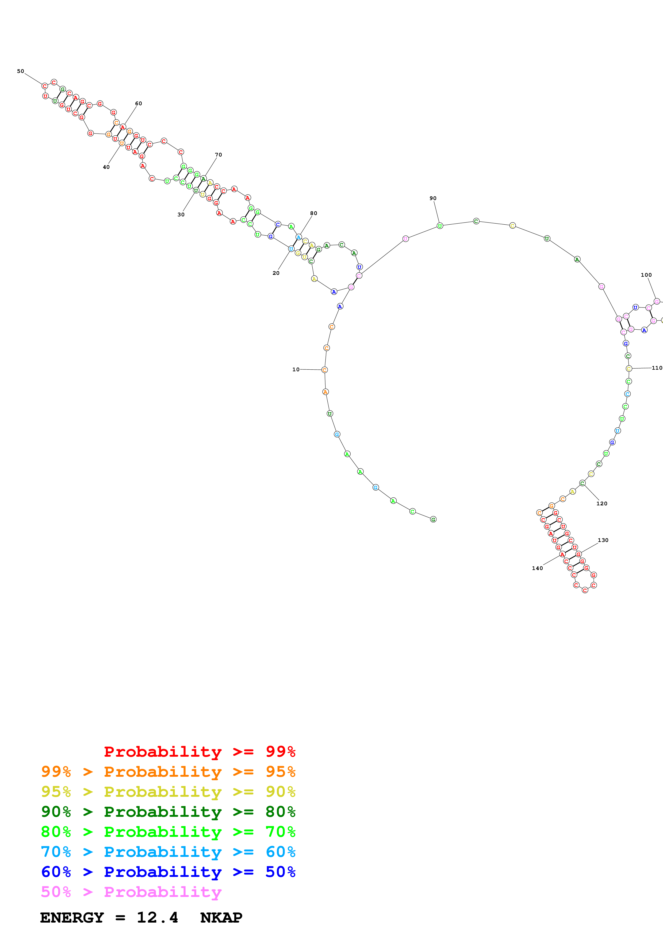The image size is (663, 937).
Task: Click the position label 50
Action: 20,71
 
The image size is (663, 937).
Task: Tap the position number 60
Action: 139,104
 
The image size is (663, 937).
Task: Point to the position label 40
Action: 106,167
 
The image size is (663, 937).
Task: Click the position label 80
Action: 313,213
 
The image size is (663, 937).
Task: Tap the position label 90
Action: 433,198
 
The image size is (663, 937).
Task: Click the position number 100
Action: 646,275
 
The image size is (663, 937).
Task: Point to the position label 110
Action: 657,368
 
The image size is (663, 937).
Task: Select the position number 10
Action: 296,370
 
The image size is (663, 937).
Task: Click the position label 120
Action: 602,503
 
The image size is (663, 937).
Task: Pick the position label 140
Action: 538,568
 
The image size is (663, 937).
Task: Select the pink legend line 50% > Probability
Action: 131,892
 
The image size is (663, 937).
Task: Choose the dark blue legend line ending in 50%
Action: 168,872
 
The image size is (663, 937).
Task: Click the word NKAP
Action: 221,918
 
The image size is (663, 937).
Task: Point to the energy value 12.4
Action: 157,918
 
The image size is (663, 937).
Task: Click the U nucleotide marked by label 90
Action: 440,226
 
